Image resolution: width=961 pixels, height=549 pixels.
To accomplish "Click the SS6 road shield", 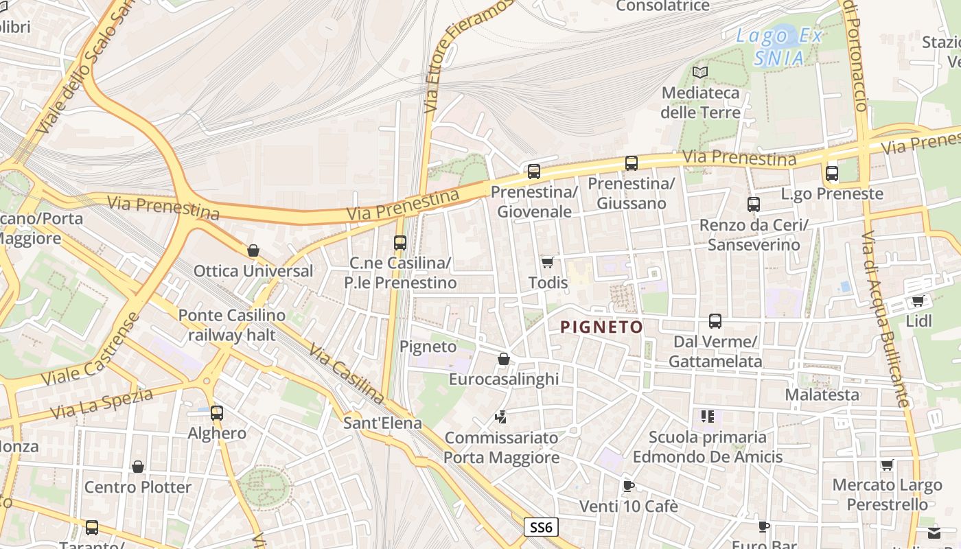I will pyautogui.click(x=541, y=527).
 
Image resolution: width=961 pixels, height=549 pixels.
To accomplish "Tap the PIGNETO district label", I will pyautogui.click(x=601, y=327).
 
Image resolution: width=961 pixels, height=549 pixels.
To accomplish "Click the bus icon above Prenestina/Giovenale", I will pyautogui.click(x=533, y=171).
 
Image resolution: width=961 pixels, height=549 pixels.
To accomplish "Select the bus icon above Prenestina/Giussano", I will pyautogui.click(x=631, y=163).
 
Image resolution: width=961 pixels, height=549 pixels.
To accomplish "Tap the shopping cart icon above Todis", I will pyautogui.click(x=547, y=262).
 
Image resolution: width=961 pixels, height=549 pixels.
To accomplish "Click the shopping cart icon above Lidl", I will pyautogui.click(x=918, y=301).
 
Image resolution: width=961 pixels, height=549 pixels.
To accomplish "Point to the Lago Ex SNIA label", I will pyautogui.click(x=778, y=47).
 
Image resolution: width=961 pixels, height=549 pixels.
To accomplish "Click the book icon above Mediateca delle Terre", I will pyautogui.click(x=699, y=72).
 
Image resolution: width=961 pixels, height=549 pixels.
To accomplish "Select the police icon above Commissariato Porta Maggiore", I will pyautogui.click(x=501, y=417).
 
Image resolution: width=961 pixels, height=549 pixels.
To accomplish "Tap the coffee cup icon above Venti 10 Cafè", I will pyautogui.click(x=628, y=486).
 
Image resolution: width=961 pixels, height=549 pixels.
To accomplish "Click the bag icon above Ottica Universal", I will pyautogui.click(x=253, y=250).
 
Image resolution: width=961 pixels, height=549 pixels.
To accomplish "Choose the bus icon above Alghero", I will pyautogui.click(x=217, y=412).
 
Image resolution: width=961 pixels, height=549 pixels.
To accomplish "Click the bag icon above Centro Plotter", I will pyautogui.click(x=138, y=467).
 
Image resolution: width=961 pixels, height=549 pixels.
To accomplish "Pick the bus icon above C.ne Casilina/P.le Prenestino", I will pyautogui.click(x=400, y=242).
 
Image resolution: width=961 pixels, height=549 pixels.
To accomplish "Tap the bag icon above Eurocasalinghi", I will pyautogui.click(x=503, y=358).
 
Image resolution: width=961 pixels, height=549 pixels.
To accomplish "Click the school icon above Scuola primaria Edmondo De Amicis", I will pyautogui.click(x=707, y=416).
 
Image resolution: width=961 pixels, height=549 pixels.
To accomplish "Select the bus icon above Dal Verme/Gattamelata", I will pyautogui.click(x=715, y=321).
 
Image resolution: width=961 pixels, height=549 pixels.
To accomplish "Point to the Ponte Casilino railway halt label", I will pyautogui.click(x=231, y=325).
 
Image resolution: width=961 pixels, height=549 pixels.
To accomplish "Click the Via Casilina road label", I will pyautogui.click(x=346, y=373).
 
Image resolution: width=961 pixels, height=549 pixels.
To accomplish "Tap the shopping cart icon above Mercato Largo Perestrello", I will pyautogui.click(x=887, y=465).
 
